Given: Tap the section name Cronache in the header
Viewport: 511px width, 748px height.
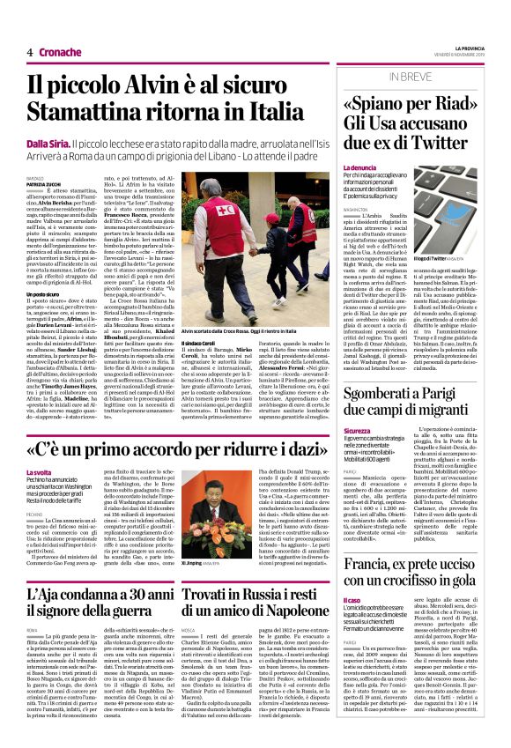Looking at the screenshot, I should click(60, 52).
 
